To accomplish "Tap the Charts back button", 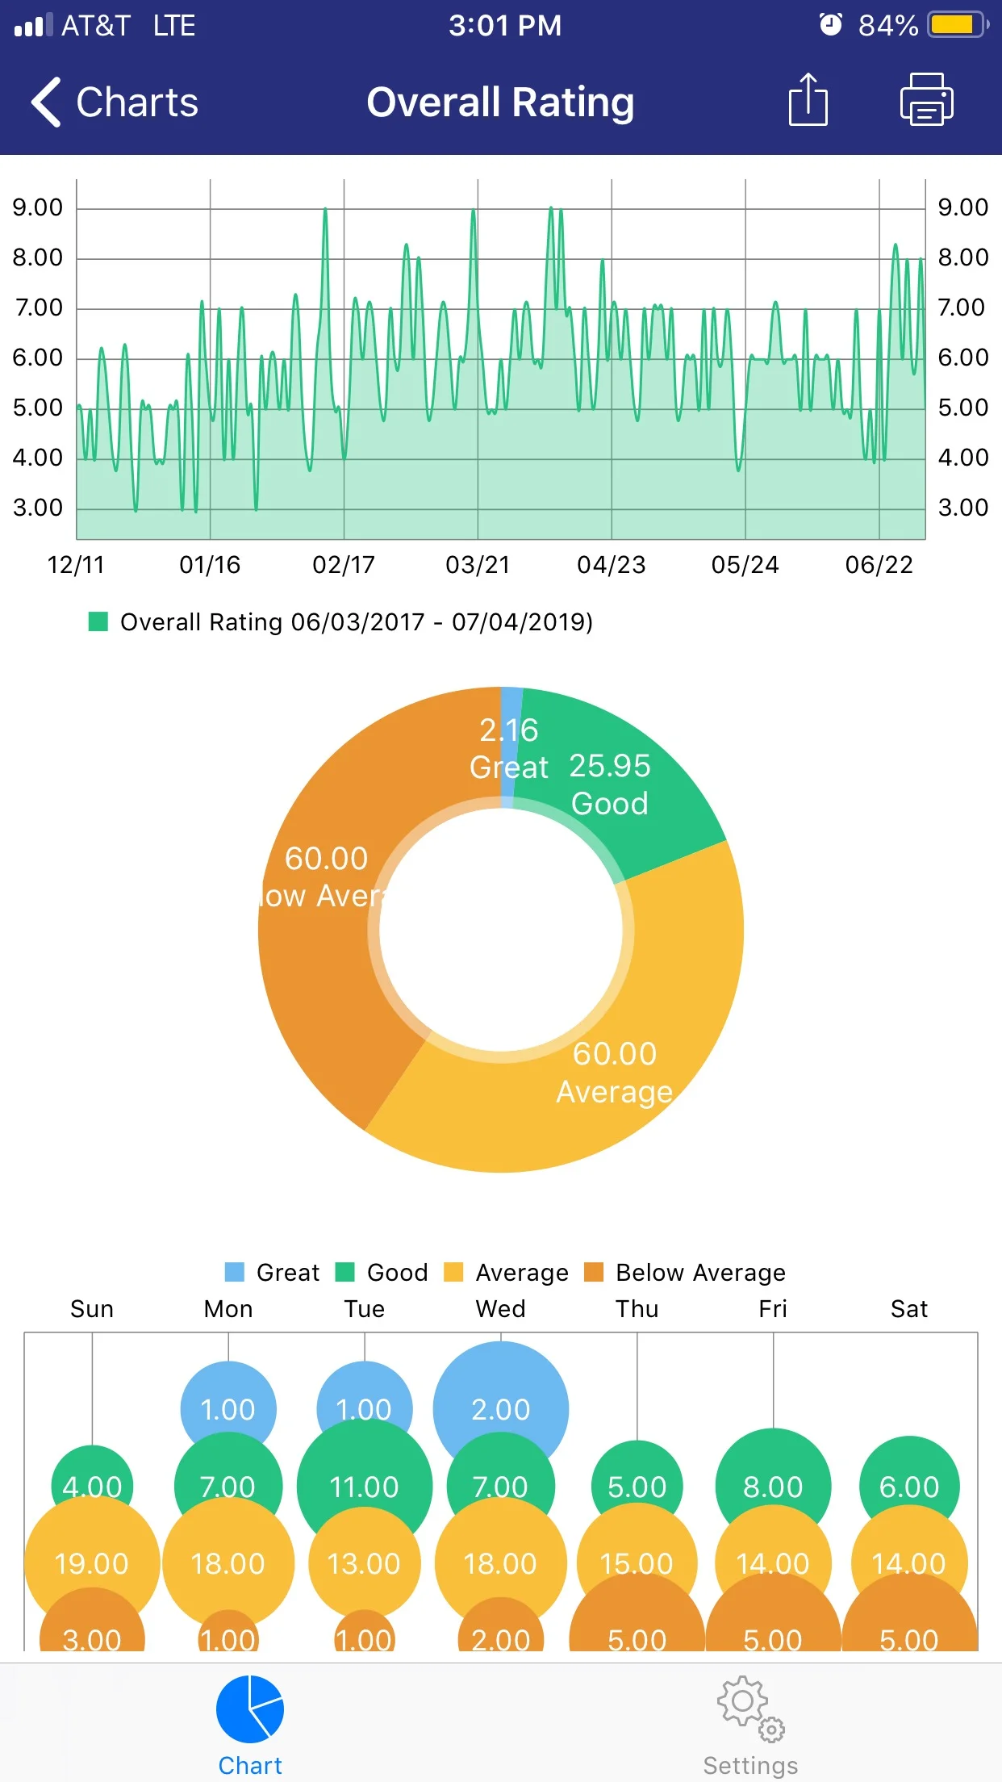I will [x=114, y=102].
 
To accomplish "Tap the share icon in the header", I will [x=808, y=101].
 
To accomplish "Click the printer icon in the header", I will [x=926, y=101].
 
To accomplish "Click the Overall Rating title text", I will [x=500, y=102].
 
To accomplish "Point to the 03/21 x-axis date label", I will [x=478, y=565].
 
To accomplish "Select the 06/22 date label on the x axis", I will [x=879, y=565].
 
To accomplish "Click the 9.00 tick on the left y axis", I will [x=37, y=208].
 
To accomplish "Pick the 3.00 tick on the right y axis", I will [x=962, y=508].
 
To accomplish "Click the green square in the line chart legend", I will [x=98, y=621].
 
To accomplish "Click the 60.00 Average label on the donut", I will [x=615, y=1072].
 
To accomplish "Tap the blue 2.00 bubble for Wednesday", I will [x=500, y=1396].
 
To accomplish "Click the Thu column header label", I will [x=637, y=1309].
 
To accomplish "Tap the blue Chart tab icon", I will [x=250, y=1709].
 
